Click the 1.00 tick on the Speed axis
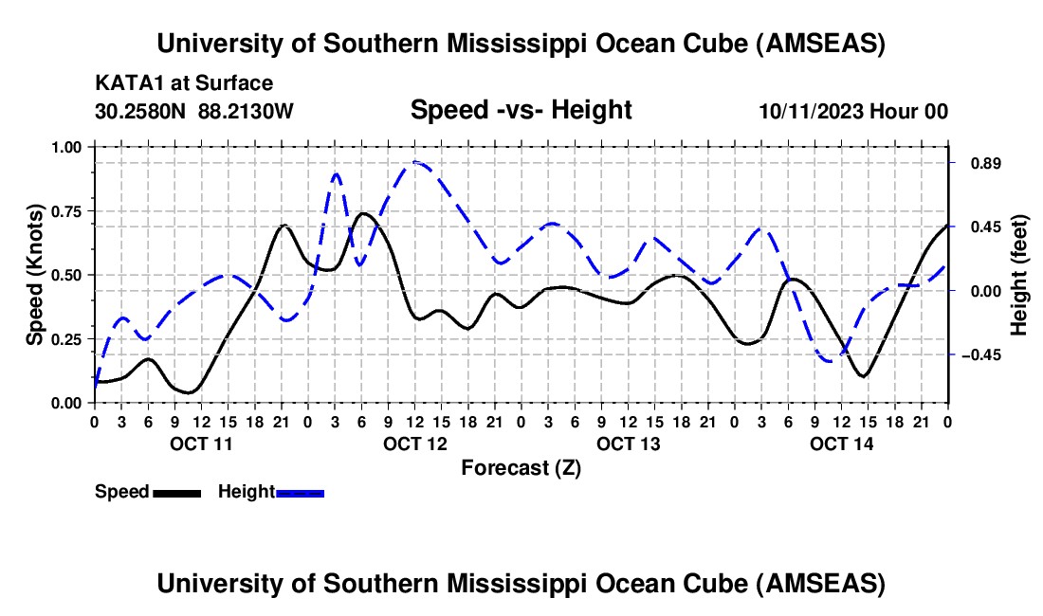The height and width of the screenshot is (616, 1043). pos(67,147)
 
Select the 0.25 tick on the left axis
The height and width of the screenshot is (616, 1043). pos(67,339)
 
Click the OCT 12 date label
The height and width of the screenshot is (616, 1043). pos(414,443)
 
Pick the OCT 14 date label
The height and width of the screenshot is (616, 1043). pos(841,443)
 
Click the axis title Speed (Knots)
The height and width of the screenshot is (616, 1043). pos(35,275)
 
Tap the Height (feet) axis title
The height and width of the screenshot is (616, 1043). pos(1019,275)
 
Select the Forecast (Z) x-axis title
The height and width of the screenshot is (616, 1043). pos(521,467)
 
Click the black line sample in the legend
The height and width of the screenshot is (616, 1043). pos(176,493)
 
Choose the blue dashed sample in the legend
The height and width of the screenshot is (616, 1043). pos(301,493)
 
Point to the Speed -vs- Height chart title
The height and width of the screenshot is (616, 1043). pos(521,110)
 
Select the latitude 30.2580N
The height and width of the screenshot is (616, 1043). pos(141,111)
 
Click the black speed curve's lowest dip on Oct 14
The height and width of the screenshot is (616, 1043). pos(863,376)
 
